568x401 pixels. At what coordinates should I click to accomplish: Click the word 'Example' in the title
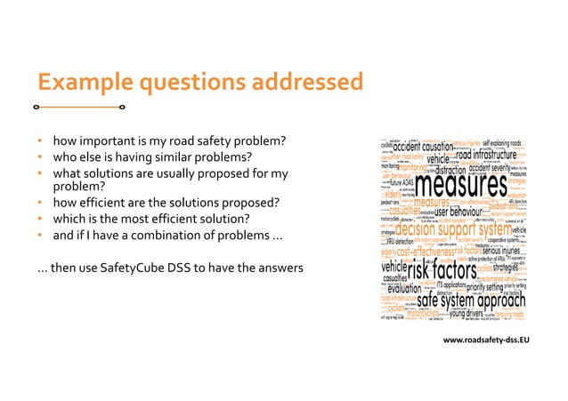77,82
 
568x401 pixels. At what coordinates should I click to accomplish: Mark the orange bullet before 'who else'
41,157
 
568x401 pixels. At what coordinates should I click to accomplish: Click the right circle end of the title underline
121,107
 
